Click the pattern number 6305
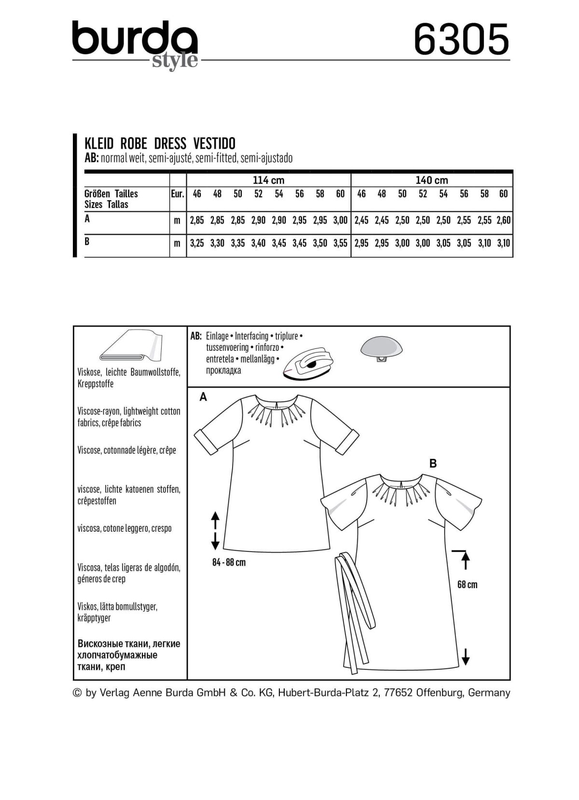pyautogui.click(x=461, y=40)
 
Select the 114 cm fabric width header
pyautogui.click(x=268, y=180)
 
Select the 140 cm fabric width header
pyautogui.click(x=432, y=180)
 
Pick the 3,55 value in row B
pyautogui.click(x=340, y=244)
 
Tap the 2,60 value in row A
pyautogui.click(x=503, y=221)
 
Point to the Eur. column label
pyautogui.click(x=178, y=194)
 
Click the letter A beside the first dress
pyautogui.click(x=203, y=397)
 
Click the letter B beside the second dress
pyautogui.click(x=433, y=464)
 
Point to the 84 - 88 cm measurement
pyautogui.click(x=228, y=563)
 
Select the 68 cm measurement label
pyautogui.click(x=467, y=585)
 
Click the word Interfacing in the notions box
pyautogui.click(x=251, y=336)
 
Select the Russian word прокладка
pyautogui.click(x=223, y=371)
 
